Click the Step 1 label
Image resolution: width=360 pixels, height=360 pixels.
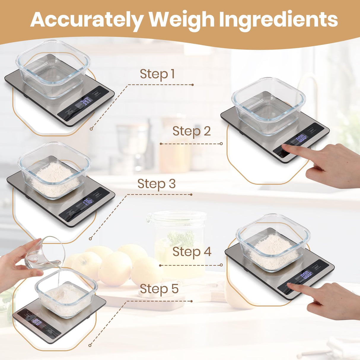click(157, 74)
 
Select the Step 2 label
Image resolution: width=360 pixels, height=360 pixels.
click(191, 131)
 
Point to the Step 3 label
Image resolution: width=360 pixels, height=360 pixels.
click(156, 184)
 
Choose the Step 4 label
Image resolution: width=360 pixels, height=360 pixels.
click(192, 252)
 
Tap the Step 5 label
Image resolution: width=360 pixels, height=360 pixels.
click(159, 289)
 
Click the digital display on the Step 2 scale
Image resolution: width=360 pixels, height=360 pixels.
click(302, 138)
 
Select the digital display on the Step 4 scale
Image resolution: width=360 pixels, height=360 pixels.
click(306, 275)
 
